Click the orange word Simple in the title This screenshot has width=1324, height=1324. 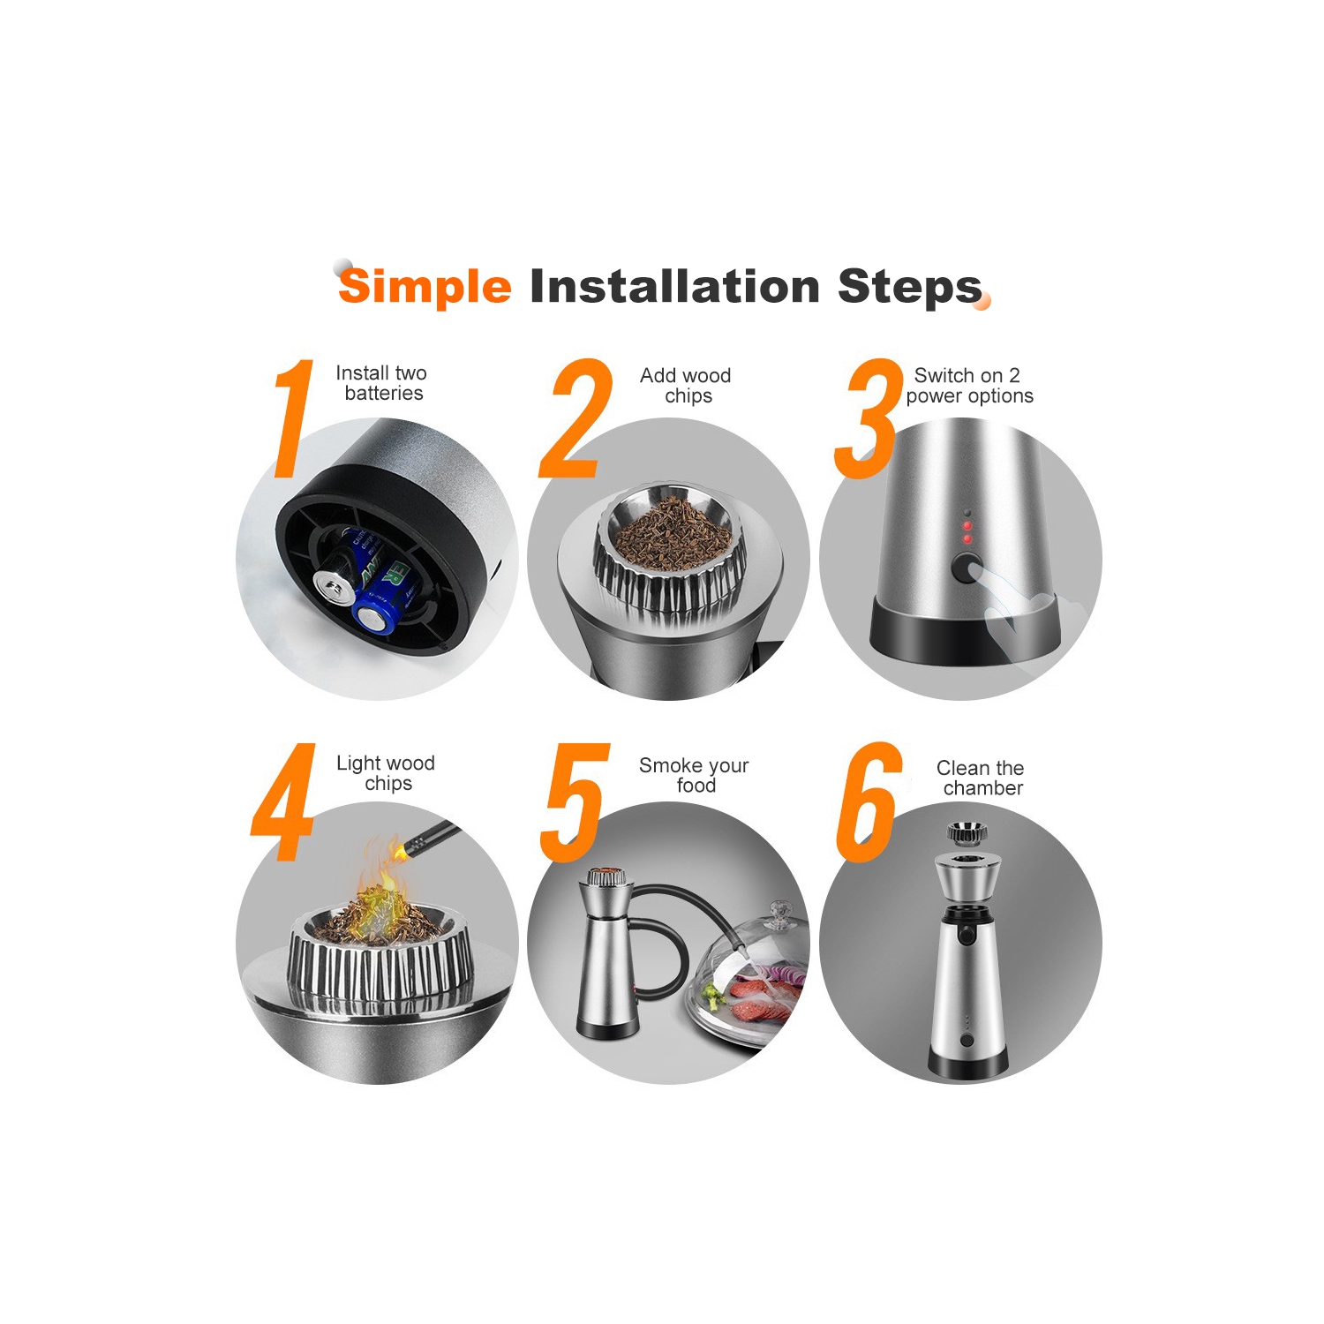[x=425, y=287]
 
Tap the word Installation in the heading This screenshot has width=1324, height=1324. [x=675, y=286]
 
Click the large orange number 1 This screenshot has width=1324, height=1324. [x=294, y=418]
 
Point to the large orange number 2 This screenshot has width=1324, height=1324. [x=575, y=418]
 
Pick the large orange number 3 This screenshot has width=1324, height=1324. [x=869, y=418]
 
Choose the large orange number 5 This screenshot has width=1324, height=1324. [x=575, y=802]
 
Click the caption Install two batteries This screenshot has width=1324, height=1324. [x=382, y=383]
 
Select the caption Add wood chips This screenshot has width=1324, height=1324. [x=686, y=386]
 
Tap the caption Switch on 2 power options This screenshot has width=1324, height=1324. [x=969, y=386]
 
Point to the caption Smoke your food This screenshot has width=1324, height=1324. [x=694, y=775]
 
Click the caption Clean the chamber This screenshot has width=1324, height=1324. [x=981, y=778]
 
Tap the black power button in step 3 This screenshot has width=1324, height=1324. [x=967, y=568]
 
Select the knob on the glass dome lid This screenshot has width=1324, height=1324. [x=779, y=915]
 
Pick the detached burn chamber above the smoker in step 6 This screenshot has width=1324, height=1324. [x=967, y=832]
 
